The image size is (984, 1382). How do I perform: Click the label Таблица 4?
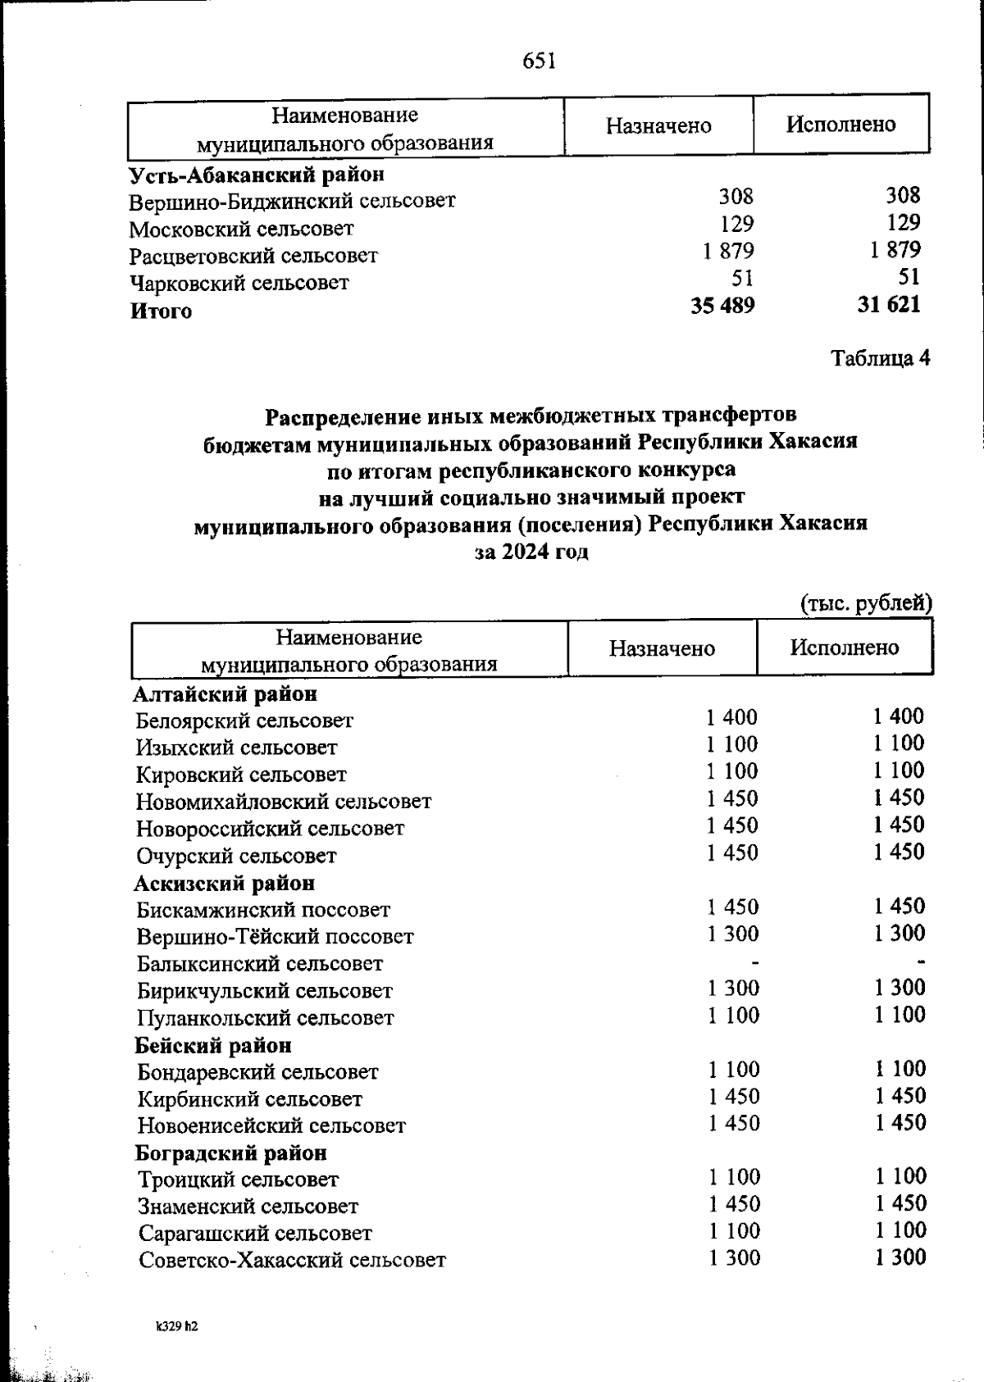tap(880, 358)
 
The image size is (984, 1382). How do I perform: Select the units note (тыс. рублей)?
tap(866, 603)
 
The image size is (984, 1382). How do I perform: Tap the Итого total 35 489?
tap(722, 305)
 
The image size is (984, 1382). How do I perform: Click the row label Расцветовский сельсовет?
tap(253, 256)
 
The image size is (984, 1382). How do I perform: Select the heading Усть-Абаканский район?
tap(257, 175)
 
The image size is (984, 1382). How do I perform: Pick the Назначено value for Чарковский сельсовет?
tap(741, 278)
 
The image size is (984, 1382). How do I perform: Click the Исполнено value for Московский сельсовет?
tap(903, 223)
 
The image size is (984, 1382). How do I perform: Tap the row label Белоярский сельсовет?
tap(244, 721)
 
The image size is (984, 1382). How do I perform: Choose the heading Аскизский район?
tap(225, 884)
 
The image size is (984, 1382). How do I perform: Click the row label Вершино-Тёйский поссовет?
tap(276, 937)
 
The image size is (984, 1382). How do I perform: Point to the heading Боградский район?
tap(231, 1153)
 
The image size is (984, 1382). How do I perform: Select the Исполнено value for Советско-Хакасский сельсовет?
tap(900, 1257)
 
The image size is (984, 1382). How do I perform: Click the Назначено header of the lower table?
tap(662, 649)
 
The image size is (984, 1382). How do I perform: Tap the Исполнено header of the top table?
tap(840, 125)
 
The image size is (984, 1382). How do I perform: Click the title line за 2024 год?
tap(531, 552)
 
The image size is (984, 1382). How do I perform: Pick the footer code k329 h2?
tap(177, 1325)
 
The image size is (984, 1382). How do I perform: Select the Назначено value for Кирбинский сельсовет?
tap(734, 1097)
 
